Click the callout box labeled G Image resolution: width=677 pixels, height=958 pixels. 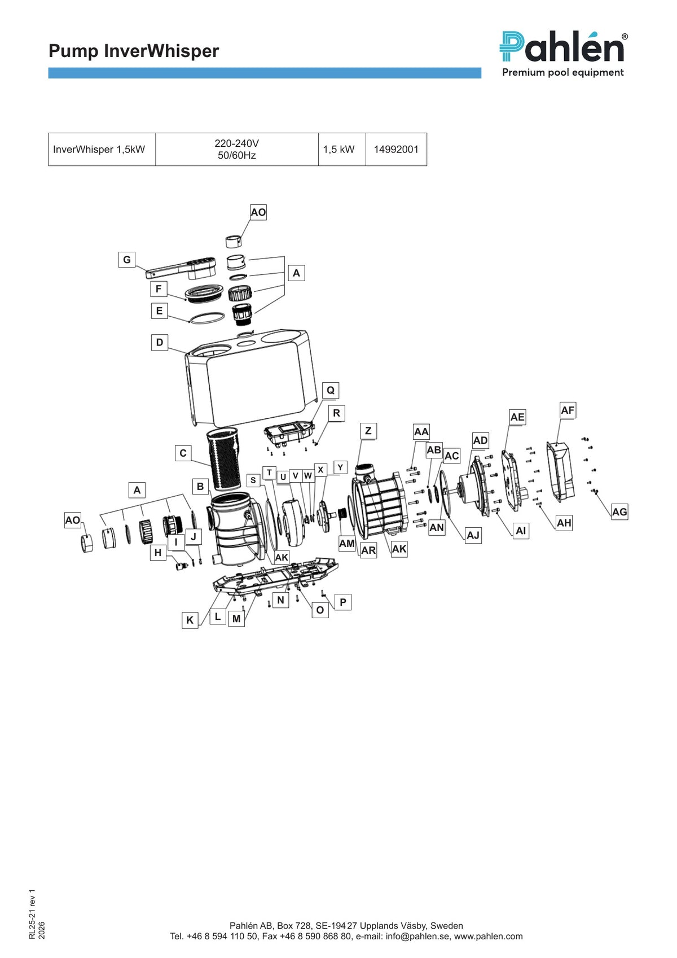pos(126,260)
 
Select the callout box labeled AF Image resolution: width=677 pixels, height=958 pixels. pos(568,410)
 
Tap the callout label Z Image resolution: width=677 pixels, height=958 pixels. pos(368,431)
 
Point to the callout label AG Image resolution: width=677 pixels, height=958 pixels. pos(619,512)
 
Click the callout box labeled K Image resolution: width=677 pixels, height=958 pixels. pos(190,620)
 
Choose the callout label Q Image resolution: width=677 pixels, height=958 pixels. pos(331,390)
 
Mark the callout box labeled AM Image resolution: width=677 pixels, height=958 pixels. pos(346,544)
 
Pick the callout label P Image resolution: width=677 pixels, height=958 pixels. pos(343,602)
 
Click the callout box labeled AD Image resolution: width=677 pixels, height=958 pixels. pos(481,440)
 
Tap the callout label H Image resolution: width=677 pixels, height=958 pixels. pos(158,553)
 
